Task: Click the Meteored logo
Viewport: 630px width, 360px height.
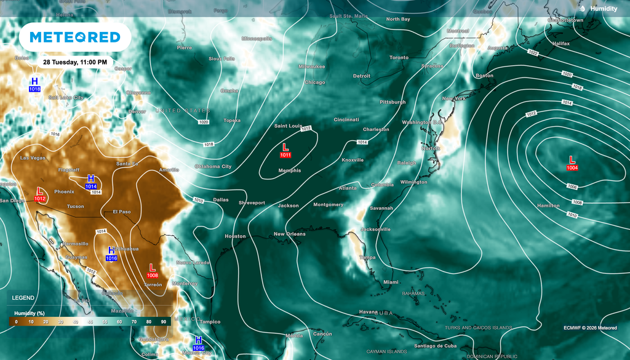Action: coord(75,38)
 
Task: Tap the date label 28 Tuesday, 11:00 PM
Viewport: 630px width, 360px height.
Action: coord(75,62)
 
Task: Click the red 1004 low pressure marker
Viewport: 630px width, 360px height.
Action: coord(572,163)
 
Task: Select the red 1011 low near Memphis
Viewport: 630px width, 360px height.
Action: coord(285,151)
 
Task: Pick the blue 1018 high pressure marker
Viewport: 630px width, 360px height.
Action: coord(34,85)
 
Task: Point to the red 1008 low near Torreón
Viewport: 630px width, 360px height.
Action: coord(152,271)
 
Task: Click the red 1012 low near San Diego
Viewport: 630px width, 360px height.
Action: coord(40,194)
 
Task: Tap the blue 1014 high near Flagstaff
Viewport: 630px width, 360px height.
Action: coord(90,182)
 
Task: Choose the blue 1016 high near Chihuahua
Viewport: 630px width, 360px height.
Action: coord(111,254)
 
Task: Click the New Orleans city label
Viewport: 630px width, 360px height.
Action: coord(289,234)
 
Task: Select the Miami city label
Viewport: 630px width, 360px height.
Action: coord(391,282)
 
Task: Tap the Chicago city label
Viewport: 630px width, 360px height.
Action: coord(314,82)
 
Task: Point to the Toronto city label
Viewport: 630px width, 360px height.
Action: coord(399,58)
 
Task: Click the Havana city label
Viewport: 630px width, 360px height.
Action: coord(368,311)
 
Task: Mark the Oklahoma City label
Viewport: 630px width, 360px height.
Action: coord(213,167)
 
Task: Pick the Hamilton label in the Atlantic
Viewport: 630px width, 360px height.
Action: coord(548,206)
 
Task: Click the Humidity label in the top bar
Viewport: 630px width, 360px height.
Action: coord(604,9)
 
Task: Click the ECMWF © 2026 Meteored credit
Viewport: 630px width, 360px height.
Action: coord(590,328)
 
